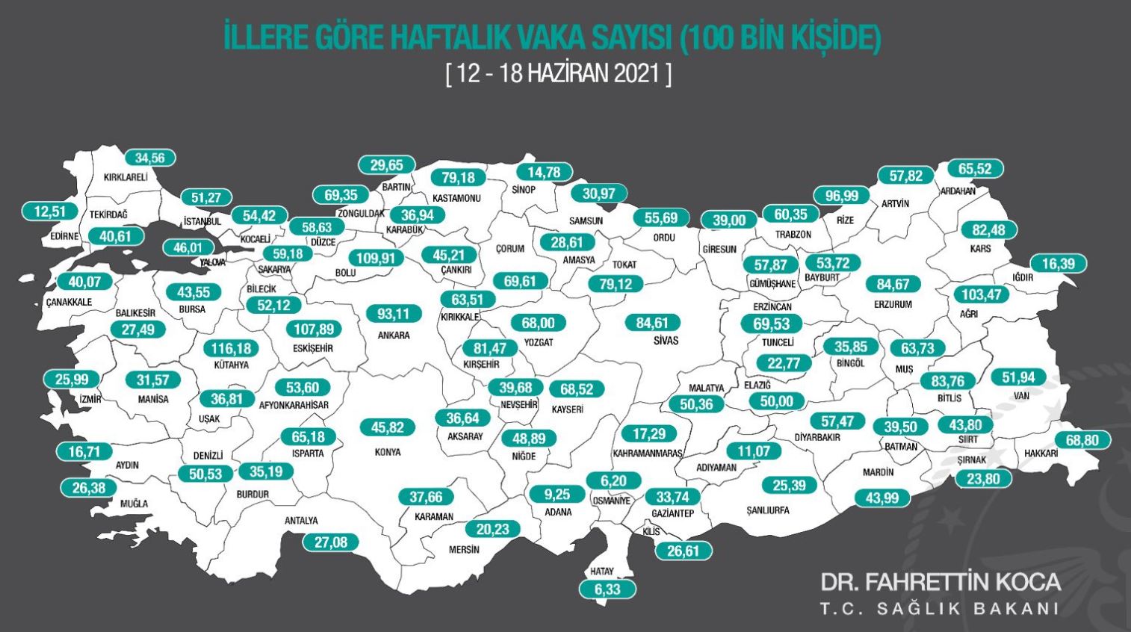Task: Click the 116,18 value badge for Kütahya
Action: (x=231, y=348)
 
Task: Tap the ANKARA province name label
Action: (x=394, y=335)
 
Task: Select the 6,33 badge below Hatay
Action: (x=607, y=589)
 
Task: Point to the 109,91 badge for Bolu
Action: (x=375, y=258)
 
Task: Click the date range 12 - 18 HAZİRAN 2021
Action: (x=559, y=73)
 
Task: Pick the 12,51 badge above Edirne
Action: (x=50, y=211)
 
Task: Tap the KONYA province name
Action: (x=388, y=452)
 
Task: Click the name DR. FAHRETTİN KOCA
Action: (x=940, y=582)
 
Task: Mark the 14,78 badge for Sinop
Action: (x=544, y=172)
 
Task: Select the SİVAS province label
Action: (x=666, y=341)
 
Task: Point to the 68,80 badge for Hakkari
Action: (x=1082, y=440)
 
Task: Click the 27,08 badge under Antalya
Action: (x=330, y=542)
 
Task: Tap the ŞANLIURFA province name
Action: (x=768, y=510)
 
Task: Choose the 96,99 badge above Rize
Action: (x=842, y=196)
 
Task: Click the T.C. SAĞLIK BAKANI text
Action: (x=940, y=608)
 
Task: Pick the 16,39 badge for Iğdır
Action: (x=1058, y=264)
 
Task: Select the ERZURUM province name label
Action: (x=893, y=304)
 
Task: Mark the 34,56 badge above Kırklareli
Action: (x=150, y=158)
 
